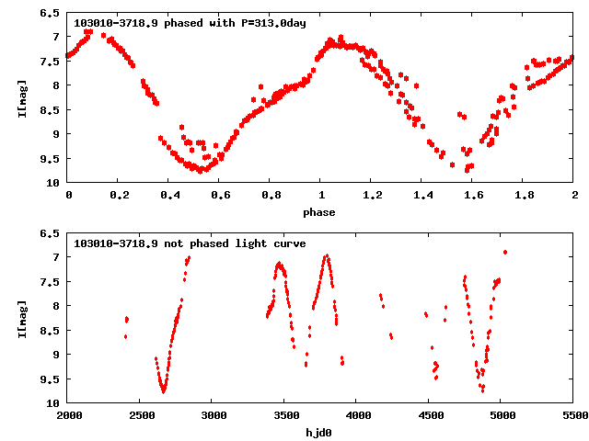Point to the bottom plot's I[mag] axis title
[x=22, y=318]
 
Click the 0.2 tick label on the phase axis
[x=118, y=197]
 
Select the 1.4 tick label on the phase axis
[x=422, y=197]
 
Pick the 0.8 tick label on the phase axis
[x=271, y=197]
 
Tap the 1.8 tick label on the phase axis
[x=524, y=197]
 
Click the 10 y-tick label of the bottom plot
[x=54, y=403]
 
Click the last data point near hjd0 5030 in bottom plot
[x=505, y=252]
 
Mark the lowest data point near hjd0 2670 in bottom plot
[x=164, y=391]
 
